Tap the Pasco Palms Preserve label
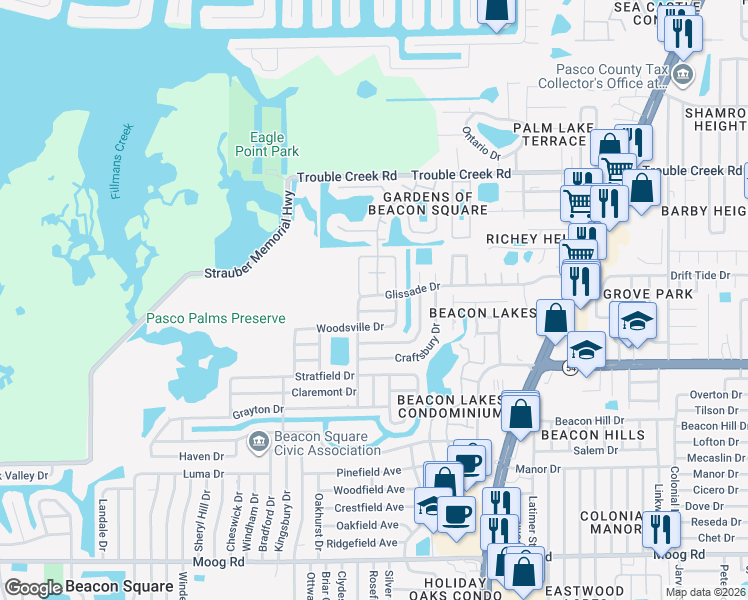pos(216,319)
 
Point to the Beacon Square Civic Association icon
pos(258,440)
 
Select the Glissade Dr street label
pos(412,290)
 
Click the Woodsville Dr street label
pos(350,327)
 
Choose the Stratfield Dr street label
pos(324,376)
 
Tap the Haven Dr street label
pos(194,456)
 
